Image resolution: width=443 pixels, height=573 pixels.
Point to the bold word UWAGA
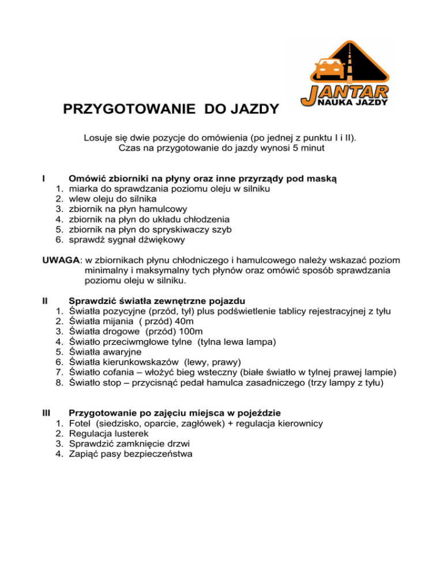pos(61,260)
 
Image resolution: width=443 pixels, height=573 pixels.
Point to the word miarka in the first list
pos(82,189)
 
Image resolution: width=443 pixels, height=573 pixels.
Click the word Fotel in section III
pos(81,423)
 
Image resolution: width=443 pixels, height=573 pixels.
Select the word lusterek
pos(132,433)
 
